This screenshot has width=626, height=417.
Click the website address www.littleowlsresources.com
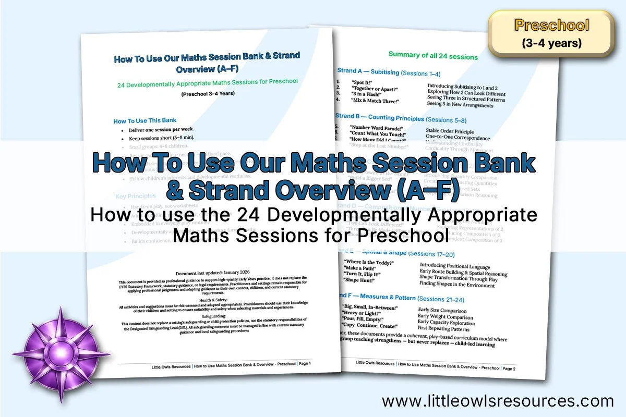(x=498, y=401)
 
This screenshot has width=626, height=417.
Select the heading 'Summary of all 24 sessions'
(x=433, y=56)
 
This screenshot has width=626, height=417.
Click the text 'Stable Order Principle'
(x=450, y=131)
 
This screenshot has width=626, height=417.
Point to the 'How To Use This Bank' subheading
(x=145, y=121)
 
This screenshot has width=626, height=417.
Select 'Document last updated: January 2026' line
(x=213, y=273)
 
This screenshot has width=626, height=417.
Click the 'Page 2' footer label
(x=509, y=368)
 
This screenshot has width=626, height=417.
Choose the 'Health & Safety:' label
(x=213, y=298)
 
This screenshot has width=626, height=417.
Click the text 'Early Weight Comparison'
(x=446, y=316)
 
